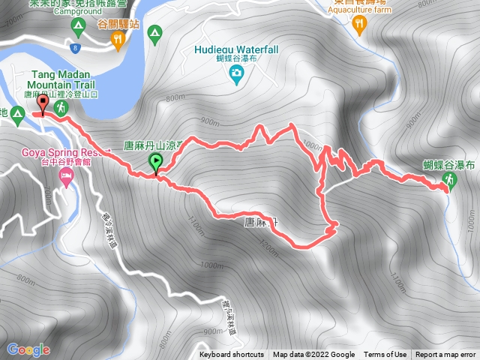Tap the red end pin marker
click(x=42, y=104)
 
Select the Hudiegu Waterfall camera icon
click(x=237, y=73)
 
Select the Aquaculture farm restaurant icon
click(x=360, y=24)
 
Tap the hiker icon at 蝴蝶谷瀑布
click(x=449, y=179)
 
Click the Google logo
click(x=28, y=349)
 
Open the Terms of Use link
click(x=385, y=355)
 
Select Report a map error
click(x=445, y=355)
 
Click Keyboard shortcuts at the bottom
click(x=232, y=355)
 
